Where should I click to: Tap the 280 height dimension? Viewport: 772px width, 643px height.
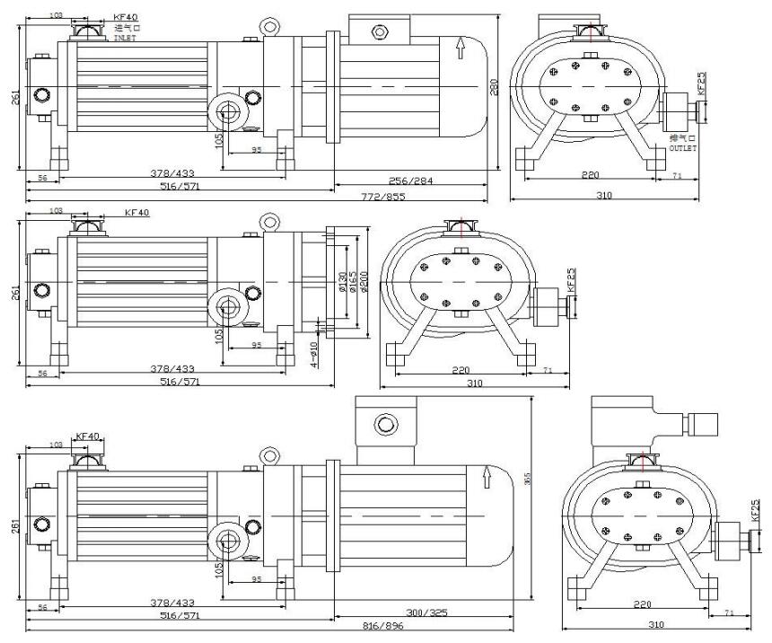[x=492, y=85]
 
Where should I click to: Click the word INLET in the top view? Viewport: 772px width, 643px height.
[x=124, y=39]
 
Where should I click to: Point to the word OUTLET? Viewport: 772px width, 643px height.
[x=683, y=147]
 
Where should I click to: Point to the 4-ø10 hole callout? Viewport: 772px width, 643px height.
[x=316, y=354]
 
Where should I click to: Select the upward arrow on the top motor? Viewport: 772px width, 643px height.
[x=461, y=45]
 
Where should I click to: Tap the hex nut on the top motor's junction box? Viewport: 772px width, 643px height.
[x=381, y=31]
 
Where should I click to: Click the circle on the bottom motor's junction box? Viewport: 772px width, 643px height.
[x=387, y=423]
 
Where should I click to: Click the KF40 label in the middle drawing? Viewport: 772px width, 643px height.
[x=136, y=213]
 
